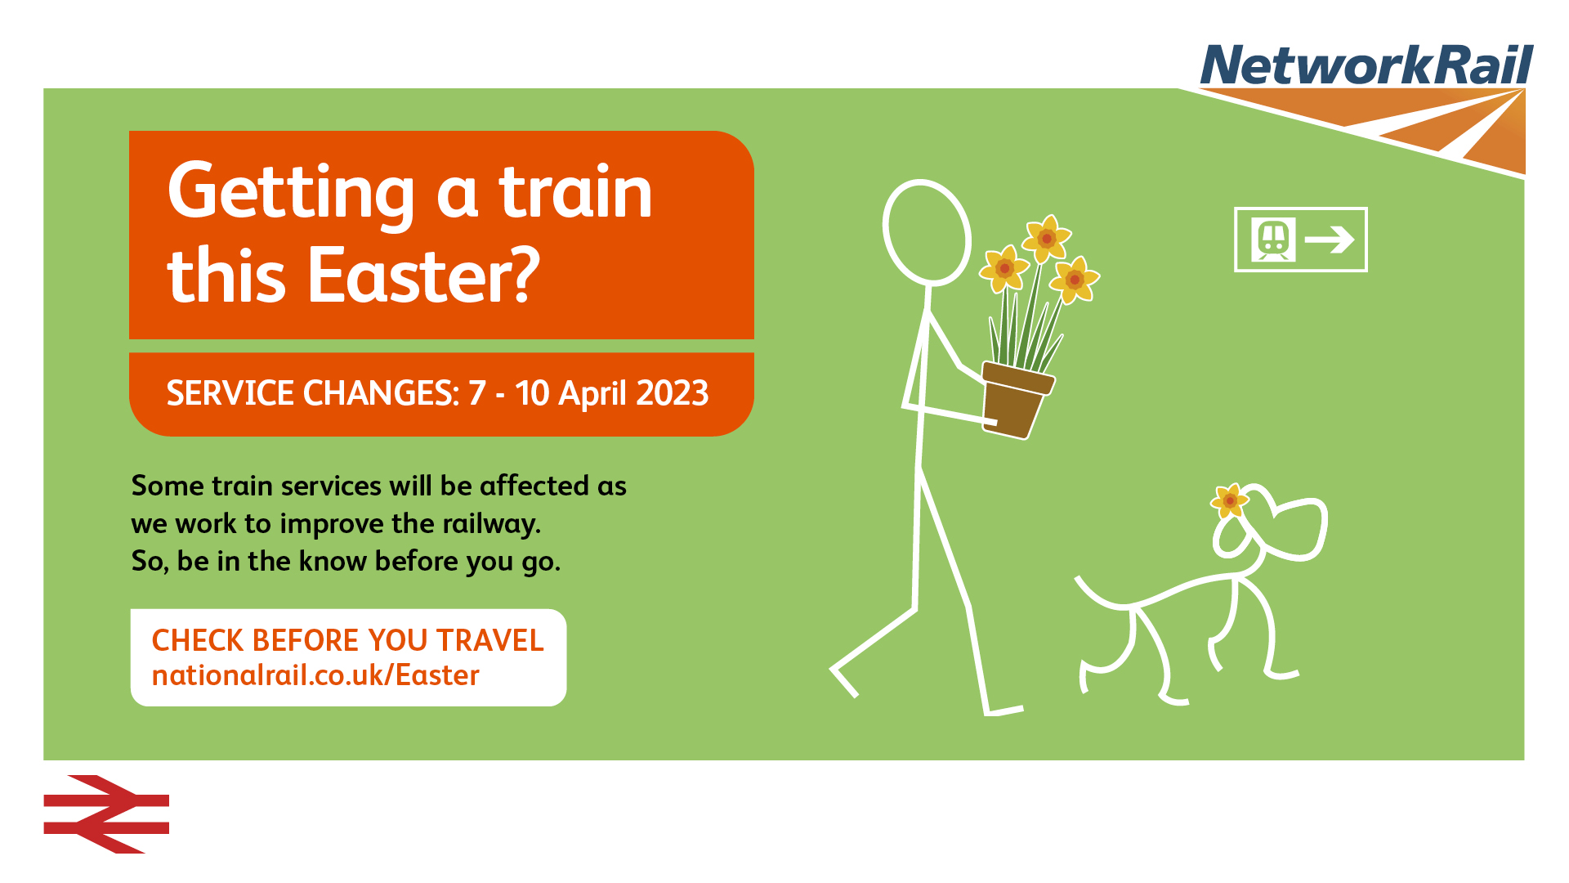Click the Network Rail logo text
(x=1366, y=65)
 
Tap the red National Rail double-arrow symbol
(x=106, y=814)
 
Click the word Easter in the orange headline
(x=423, y=276)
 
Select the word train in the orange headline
(x=576, y=193)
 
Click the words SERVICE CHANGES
(x=313, y=393)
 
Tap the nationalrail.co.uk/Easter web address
(x=315, y=675)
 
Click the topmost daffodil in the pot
(x=1047, y=238)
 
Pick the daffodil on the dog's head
(x=1230, y=500)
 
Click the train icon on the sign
(x=1273, y=240)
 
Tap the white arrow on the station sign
(x=1330, y=240)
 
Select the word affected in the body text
(x=534, y=486)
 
